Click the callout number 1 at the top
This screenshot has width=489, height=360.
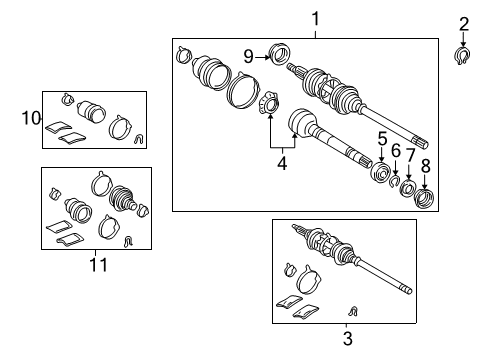[x=315, y=18]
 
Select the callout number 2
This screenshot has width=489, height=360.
[x=463, y=24]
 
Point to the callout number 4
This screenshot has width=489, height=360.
[x=281, y=160]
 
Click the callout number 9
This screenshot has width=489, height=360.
[x=249, y=56]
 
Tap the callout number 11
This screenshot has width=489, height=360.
[x=96, y=264]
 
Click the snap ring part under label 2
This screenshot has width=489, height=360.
[x=463, y=54]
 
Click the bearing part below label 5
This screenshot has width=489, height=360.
[x=380, y=174]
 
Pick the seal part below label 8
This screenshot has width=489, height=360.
[x=424, y=198]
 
